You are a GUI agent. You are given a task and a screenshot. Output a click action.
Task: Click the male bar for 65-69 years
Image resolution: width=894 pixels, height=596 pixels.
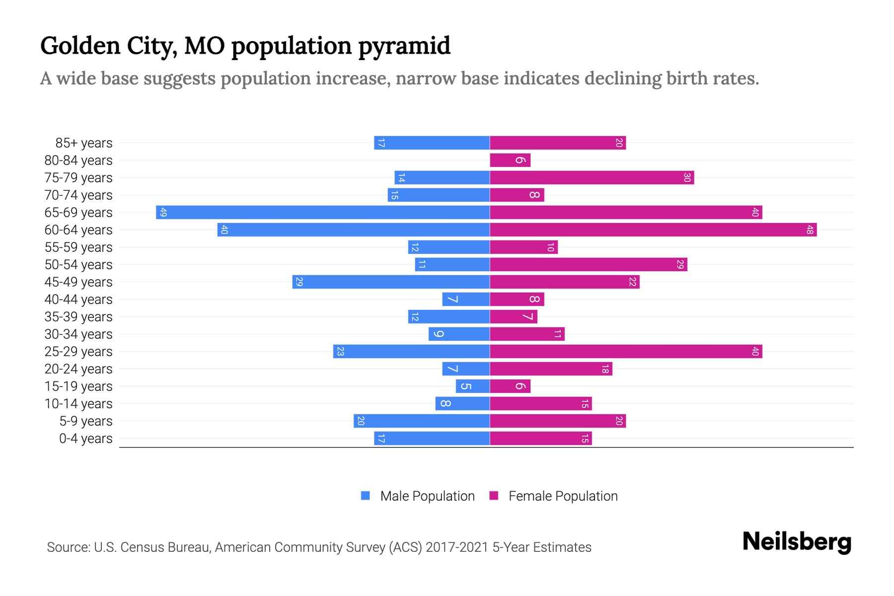click(x=323, y=213)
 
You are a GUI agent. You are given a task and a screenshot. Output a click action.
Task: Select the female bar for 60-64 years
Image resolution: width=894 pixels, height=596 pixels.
click(x=653, y=230)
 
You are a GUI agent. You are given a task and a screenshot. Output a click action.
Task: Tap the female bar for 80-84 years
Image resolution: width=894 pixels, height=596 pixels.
click(x=510, y=160)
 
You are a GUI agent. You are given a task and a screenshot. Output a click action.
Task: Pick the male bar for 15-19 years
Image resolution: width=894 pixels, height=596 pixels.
click(x=473, y=386)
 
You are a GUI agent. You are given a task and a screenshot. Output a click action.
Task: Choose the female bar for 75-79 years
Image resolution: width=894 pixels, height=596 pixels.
click(x=592, y=178)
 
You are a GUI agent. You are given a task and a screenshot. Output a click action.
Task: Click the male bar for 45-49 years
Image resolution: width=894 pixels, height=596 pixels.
click(x=391, y=282)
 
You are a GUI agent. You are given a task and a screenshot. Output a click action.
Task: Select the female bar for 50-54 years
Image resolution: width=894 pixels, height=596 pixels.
click(x=589, y=265)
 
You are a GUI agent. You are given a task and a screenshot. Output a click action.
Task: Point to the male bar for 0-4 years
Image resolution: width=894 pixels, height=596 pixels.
click(x=432, y=439)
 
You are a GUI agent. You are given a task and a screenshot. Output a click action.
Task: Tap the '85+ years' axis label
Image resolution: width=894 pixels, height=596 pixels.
click(x=84, y=143)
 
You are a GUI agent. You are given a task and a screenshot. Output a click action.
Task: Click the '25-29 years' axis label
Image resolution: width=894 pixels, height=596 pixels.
click(x=78, y=352)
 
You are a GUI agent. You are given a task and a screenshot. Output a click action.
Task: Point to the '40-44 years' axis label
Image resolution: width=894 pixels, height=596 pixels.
click(x=78, y=299)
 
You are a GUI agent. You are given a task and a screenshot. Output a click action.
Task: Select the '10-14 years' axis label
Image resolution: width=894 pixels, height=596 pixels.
click(x=78, y=404)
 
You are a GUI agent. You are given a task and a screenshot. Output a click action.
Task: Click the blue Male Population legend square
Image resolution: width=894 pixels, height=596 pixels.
click(x=366, y=496)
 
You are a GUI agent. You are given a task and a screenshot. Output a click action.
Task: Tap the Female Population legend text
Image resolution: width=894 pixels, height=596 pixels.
click(x=563, y=496)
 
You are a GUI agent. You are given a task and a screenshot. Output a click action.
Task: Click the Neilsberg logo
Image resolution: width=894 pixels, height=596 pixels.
click(x=797, y=542)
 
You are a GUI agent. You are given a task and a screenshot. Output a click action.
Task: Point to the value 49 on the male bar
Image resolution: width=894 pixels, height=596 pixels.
click(x=163, y=213)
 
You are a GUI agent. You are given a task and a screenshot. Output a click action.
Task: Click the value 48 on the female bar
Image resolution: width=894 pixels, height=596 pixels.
click(x=810, y=230)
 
